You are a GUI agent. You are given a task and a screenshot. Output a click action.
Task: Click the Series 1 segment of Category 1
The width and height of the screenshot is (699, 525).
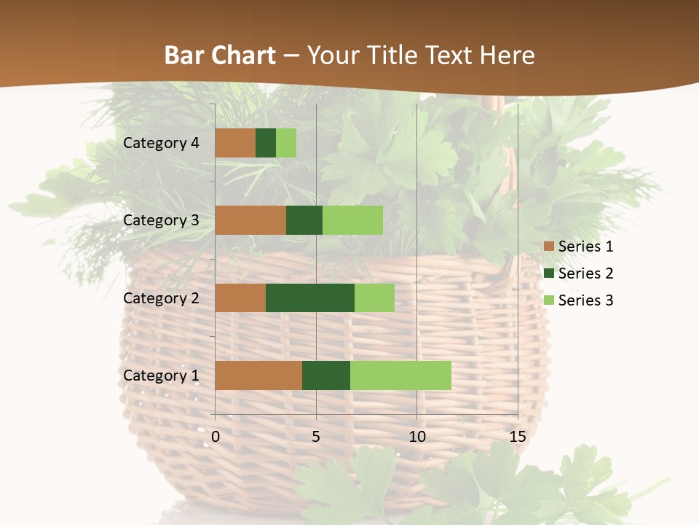point(258,376)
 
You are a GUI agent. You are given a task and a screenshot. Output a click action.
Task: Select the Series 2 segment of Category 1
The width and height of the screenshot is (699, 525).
point(325,376)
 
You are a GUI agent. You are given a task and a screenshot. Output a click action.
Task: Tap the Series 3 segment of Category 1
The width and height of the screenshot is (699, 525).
point(400,376)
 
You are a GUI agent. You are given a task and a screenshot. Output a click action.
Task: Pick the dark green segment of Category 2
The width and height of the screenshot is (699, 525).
point(309,297)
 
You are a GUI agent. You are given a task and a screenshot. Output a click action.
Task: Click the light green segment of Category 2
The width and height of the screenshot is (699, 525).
point(374,297)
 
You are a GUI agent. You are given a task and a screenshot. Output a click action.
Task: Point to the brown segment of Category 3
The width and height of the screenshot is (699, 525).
point(250,220)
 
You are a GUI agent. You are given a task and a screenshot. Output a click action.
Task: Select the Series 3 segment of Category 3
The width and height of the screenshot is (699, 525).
point(352,220)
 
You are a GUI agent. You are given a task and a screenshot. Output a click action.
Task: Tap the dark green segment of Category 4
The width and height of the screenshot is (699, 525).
point(265,143)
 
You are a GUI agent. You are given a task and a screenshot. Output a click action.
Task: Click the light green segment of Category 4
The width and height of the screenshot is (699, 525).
point(286,143)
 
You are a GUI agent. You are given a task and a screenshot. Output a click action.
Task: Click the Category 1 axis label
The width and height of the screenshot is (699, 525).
point(161,376)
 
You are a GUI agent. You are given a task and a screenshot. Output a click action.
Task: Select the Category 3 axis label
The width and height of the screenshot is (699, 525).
point(161,220)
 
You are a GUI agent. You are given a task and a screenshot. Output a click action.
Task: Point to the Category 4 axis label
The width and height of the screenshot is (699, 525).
point(161,143)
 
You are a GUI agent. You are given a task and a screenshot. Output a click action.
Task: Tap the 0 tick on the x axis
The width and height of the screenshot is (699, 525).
point(216,437)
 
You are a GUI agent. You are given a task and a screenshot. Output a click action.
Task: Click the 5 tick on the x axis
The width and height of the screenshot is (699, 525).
point(316,437)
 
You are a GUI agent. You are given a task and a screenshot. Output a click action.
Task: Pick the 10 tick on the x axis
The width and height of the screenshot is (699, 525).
point(416,437)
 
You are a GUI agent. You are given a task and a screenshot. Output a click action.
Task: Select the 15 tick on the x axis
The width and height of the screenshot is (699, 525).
point(517,437)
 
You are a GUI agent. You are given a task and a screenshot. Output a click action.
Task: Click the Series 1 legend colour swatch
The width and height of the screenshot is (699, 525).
point(548,246)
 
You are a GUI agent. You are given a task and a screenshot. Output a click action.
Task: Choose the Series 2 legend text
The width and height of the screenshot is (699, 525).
point(585,273)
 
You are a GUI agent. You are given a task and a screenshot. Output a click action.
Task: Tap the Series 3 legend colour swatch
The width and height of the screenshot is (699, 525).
point(548,300)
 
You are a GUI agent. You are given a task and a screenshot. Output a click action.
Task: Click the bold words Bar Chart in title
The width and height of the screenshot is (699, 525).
point(219,55)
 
